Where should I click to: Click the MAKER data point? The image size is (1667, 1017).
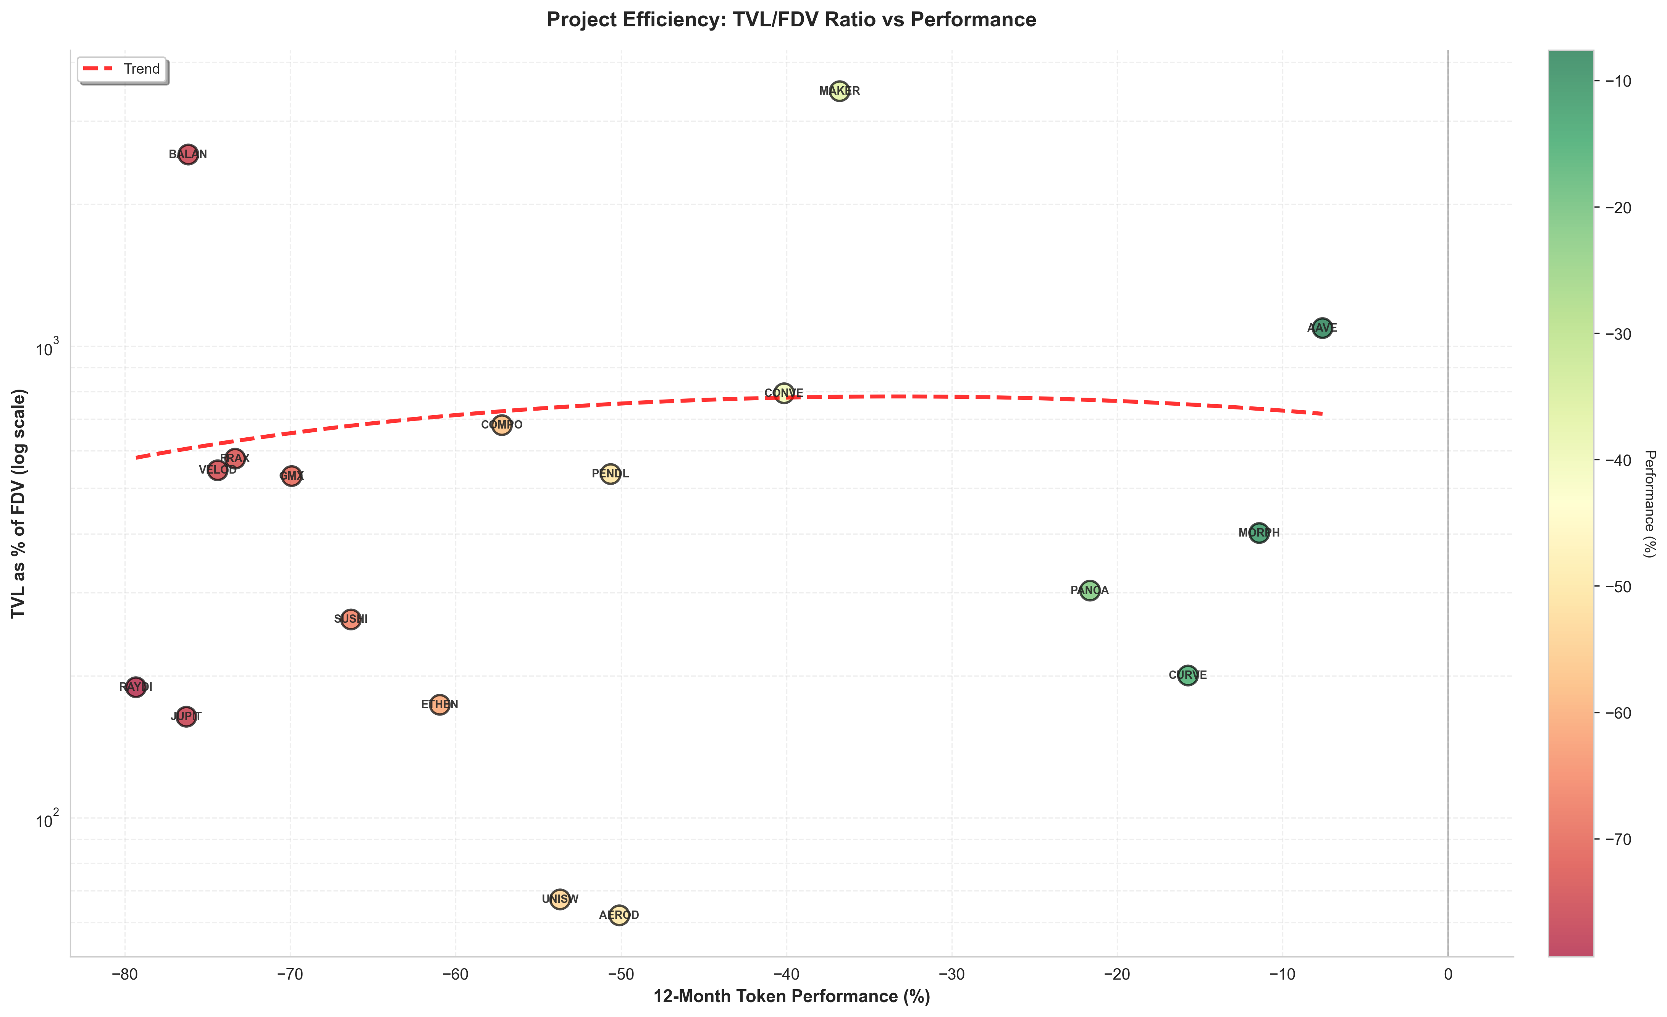[x=839, y=90]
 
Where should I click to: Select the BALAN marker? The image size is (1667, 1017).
[x=188, y=154]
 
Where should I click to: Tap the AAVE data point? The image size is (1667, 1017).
[x=1322, y=328]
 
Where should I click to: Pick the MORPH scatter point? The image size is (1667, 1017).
[x=1258, y=533]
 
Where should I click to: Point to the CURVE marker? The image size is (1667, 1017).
[x=1187, y=675]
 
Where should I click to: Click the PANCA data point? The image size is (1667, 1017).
[x=1089, y=590]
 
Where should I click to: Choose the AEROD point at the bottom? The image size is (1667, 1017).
[x=619, y=915]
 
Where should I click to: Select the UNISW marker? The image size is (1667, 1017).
[x=559, y=899]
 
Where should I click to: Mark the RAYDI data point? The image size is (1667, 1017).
[x=136, y=687]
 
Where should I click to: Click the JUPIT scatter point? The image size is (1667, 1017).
[x=186, y=716]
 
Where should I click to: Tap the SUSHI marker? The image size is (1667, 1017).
[x=351, y=619]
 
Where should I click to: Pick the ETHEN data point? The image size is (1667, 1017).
[x=440, y=704]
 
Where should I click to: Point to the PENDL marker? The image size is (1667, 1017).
[x=610, y=473]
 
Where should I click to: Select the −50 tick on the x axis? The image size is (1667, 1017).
[x=620, y=974]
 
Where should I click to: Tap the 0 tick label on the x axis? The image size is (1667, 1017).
[x=1448, y=974]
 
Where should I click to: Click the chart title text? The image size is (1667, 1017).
[x=791, y=19]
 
